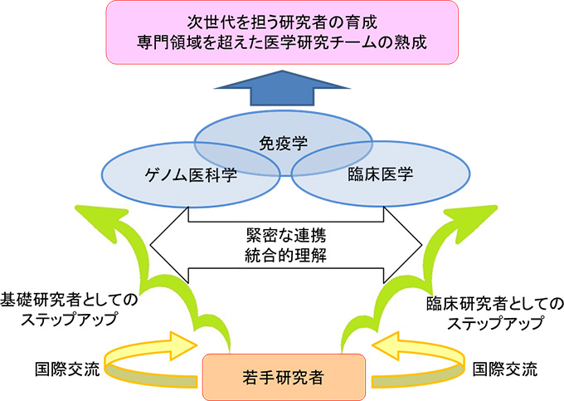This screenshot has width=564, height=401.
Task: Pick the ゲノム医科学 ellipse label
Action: pos(187,174)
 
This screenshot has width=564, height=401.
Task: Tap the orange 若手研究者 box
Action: pos(284,373)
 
